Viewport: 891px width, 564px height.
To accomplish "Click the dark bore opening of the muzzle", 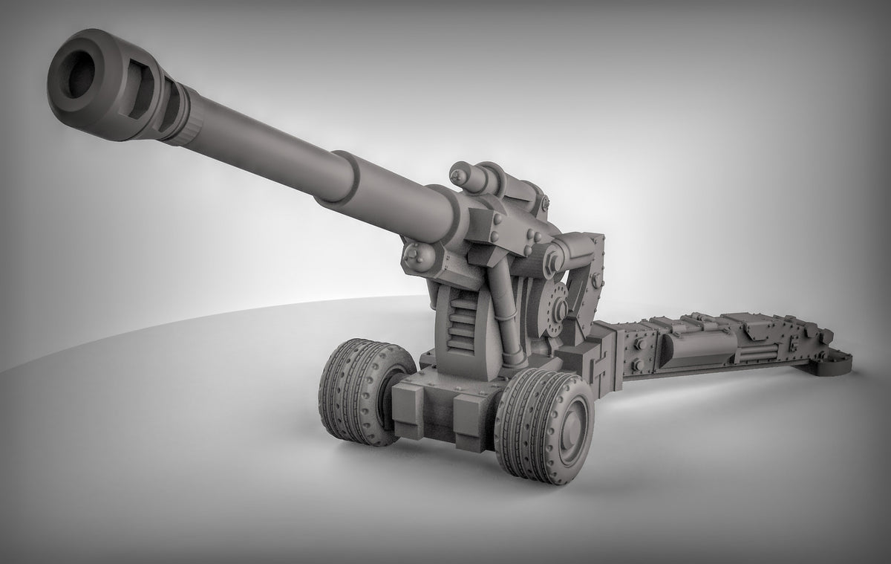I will pos(78,74).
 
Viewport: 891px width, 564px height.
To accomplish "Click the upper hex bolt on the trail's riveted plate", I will pos(637,345).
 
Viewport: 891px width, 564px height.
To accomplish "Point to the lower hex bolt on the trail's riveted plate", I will pos(637,366).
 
